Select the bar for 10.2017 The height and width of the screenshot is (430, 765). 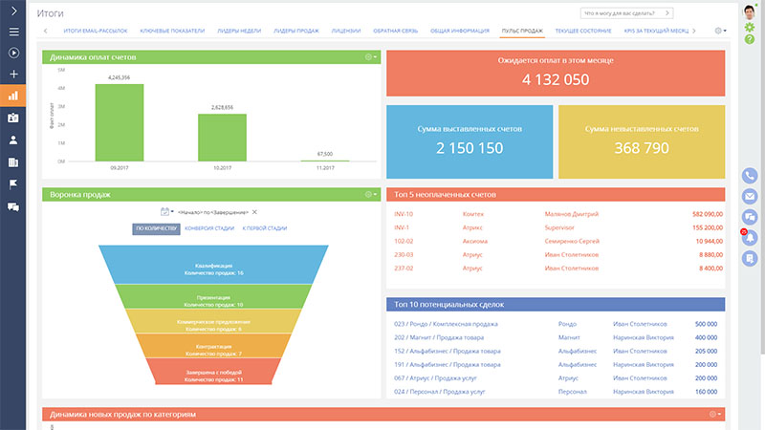222,138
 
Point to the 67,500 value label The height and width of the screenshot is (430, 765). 324,153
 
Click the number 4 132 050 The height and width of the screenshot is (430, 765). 555,79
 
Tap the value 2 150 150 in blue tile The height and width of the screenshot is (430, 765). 470,148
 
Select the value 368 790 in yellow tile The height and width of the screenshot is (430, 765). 641,148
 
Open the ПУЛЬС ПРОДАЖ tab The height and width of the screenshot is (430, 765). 522,31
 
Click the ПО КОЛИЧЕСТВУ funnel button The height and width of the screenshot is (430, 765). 156,228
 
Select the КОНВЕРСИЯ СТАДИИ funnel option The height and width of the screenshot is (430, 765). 209,228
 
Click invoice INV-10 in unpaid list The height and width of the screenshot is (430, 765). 404,214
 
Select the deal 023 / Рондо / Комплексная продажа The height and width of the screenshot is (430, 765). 448,324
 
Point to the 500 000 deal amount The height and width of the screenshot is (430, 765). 706,324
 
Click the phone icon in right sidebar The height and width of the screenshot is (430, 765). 750,176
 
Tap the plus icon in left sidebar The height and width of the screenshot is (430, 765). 13,74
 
